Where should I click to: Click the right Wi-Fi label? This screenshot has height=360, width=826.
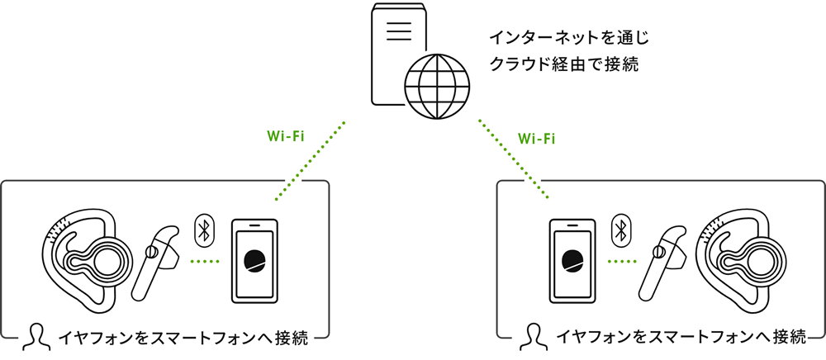pos(536,137)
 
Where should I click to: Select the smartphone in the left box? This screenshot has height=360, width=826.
pos(255,260)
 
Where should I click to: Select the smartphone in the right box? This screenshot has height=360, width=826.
pos(571,260)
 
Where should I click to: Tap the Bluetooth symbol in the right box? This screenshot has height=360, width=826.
pos(622,228)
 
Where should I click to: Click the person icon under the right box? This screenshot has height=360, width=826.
pos(534,335)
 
